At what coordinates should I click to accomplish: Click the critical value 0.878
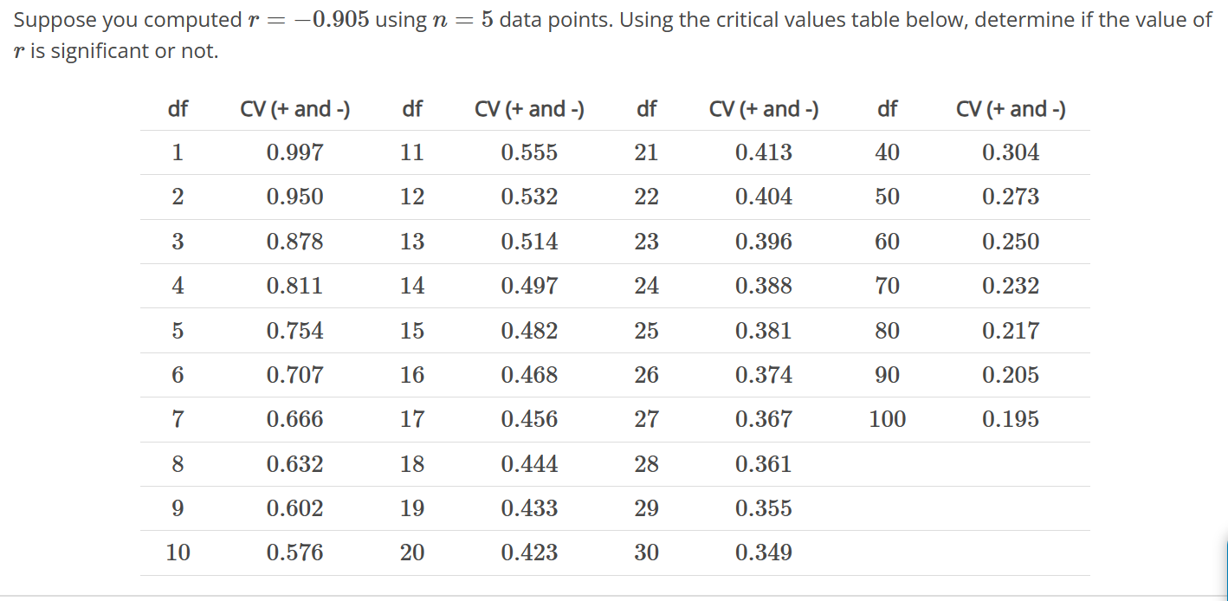click(x=294, y=242)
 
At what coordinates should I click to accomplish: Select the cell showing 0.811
click(x=294, y=286)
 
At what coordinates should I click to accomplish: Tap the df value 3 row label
click(x=178, y=242)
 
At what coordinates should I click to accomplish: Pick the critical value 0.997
click(x=294, y=153)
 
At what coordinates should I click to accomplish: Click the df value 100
click(x=887, y=420)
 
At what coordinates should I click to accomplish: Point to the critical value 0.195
click(x=1010, y=420)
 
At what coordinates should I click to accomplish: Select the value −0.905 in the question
click(x=326, y=20)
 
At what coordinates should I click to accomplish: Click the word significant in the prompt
click(x=100, y=52)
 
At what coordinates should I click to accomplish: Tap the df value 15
click(x=412, y=331)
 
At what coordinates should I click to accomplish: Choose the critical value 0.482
click(x=529, y=331)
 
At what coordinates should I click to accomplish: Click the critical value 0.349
click(x=763, y=553)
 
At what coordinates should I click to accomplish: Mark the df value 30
click(x=646, y=553)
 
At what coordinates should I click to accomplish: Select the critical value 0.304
click(x=1010, y=153)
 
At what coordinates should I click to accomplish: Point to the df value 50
click(x=887, y=197)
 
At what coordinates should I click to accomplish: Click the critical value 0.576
click(x=294, y=553)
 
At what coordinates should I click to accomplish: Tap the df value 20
click(x=412, y=553)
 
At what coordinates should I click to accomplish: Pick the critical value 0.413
click(x=763, y=153)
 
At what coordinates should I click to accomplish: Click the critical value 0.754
click(x=294, y=331)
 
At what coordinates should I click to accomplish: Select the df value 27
click(x=646, y=420)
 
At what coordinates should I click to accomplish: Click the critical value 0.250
click(x=1010, y=242)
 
